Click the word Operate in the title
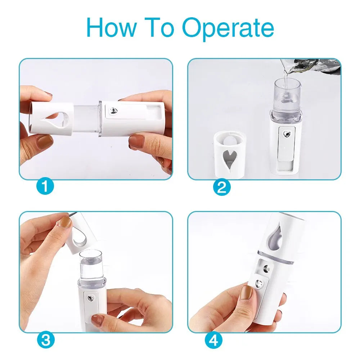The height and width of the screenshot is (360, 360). click(228, 28)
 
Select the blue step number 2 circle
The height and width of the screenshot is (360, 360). click(222, 187)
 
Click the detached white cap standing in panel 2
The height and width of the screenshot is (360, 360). click(230, 153)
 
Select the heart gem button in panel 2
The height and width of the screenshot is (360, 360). click(287, 134)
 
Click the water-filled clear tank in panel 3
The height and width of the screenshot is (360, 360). click(91, 266)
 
